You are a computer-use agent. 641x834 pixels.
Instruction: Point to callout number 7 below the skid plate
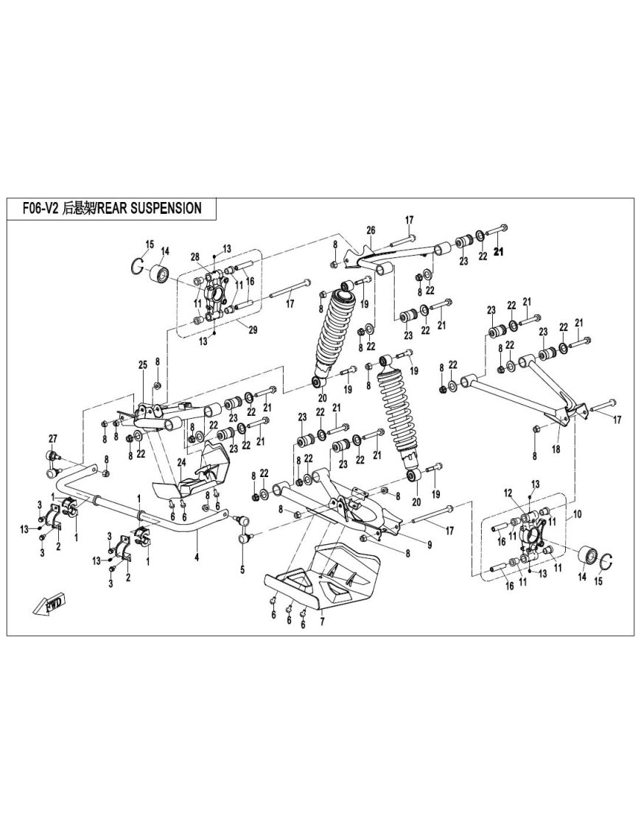click(241, 569)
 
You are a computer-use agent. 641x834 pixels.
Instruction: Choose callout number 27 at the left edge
click(52, 439)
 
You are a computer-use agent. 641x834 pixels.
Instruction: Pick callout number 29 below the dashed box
click(252, 330)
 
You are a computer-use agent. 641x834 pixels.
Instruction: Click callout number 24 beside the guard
click(180, 462)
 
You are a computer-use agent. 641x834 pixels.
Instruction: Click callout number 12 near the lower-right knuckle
click(528, 493)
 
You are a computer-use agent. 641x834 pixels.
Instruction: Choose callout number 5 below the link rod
click(241, 569)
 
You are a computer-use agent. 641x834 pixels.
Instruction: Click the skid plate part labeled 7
click(324, 575)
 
